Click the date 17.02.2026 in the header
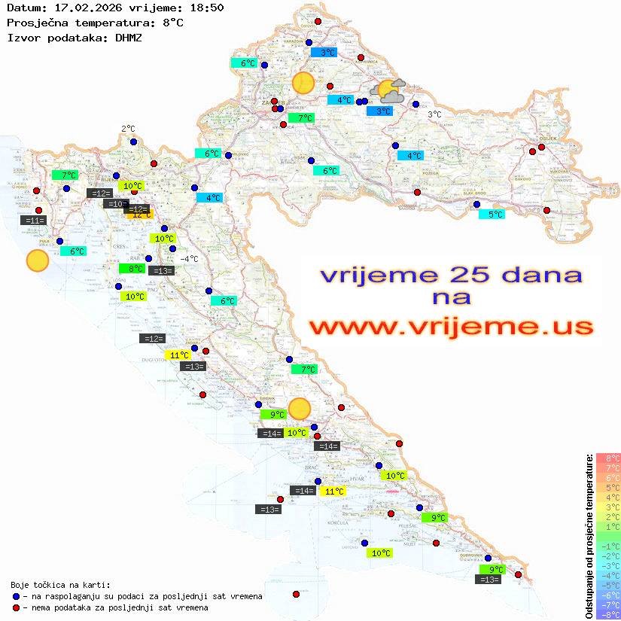click(x=80, y=8)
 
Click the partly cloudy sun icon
click(x=391, y=91)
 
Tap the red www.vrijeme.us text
click(x=451, y=327)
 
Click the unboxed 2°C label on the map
click(x=128, y=129)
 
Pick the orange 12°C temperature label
click(x=140, y=215)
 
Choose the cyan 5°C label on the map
click(x=492, y=215)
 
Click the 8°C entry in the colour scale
click(x=608, y=458)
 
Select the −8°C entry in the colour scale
click(x=608, y=614)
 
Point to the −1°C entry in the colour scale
click(x=608, y=546)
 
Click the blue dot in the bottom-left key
click(x=16, y=596)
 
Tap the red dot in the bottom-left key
click(x=16, y=607)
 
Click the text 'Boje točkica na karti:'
click(x=60, y=585)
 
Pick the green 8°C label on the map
click(x=132, y=269)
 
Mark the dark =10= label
click(x=116, y=204)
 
